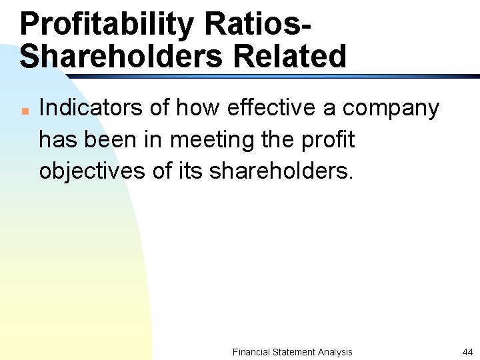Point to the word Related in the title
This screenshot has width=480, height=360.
coord(290,57)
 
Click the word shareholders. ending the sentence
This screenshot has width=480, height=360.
coord(280,171)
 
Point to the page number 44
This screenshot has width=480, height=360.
coord(466,352)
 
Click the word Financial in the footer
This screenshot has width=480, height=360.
coord(251,352)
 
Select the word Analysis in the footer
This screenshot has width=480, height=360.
coord(335,352)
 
